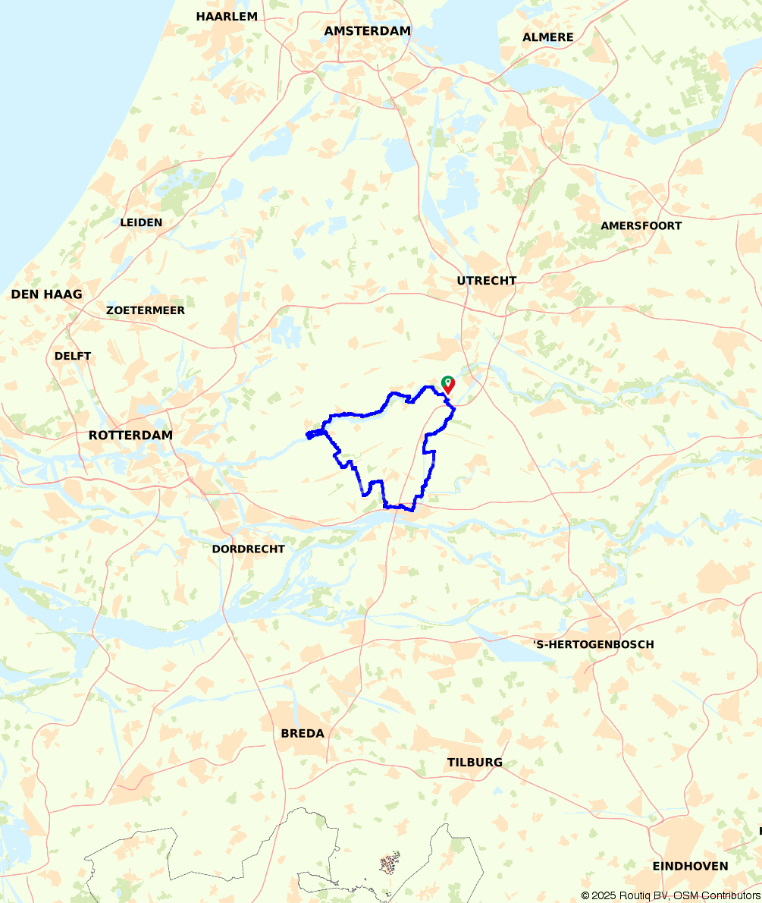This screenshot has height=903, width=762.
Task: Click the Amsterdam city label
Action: pyautogui.click(x=367, y=31)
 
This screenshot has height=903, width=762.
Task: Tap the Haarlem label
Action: pyautogui.click(x=227, y=16)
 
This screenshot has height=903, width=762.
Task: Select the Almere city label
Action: pyautogui.click(x=547, y=37)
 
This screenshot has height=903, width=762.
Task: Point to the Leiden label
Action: pyautogui.click(x=141, y=222)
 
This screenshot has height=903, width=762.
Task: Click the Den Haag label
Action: pyautogui.click(x=46, y=294)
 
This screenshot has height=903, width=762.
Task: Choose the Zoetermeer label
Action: pyautogui.click(x=146, y=310)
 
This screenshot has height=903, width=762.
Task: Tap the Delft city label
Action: pyautogui.click(x=73, y=356)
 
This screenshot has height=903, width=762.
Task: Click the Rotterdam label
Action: pyautogui.click(x=130, y=436)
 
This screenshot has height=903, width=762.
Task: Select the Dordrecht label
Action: pyautogui.click(x=248, y=549)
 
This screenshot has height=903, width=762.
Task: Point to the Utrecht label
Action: pyautogui.click(x=486, y=281)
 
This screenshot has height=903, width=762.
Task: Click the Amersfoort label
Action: pyautogui.click(x=641, y=225)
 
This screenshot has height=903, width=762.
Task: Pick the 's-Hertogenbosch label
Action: pyautogui.click(x=593, y=644)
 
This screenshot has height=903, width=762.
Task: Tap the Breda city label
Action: pyautogui.click(x=303, y=734)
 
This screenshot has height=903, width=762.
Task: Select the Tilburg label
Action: pyautogui.click(x=475, y=763)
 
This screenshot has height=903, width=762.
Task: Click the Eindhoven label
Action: pyautogui.click(x=690, y=866)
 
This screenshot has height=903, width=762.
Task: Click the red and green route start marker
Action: pyautogui.click(x=447, y=384)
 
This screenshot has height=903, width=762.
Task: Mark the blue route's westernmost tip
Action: pyautogui.click(x=307, y=435)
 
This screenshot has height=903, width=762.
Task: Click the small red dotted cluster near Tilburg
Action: pyautogui.click(x=390, y=864)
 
